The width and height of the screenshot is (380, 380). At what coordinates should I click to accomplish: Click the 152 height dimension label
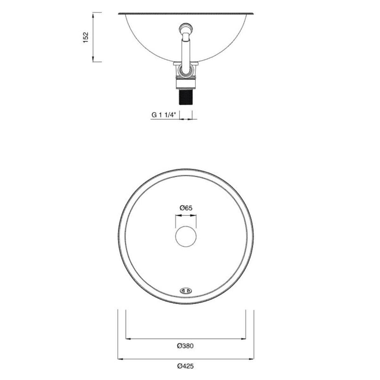(86, 37)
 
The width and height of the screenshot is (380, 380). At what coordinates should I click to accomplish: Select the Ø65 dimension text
(186, 208)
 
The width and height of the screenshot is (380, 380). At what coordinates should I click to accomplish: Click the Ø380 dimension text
(186, 346)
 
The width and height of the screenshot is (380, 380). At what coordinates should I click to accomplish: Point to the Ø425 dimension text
(186, 366)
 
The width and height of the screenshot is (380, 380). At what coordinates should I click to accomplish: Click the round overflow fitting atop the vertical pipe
(186, 28)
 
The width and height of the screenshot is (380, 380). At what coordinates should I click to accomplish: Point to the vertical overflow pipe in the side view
(186, 47)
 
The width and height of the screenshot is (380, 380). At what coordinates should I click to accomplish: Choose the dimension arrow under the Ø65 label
(186, 215)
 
